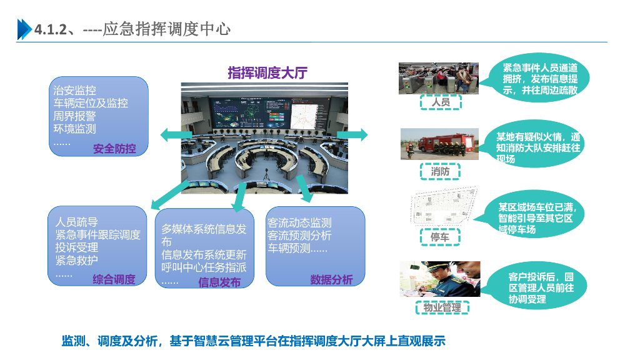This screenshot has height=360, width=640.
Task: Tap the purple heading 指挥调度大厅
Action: click(x=267, y=73)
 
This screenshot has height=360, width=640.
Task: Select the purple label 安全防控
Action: click(x=114, y=149)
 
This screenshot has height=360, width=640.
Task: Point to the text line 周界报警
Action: click(x=74, y=116)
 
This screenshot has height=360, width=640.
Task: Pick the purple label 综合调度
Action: click(x=114, y=279)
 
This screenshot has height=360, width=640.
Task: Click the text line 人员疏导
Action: click(x=76, y=222)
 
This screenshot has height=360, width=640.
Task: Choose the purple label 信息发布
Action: click(x=219, y=282)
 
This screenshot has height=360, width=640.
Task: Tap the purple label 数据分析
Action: click(x=331, y=279)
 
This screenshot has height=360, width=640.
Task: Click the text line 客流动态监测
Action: click(x=299, y=222)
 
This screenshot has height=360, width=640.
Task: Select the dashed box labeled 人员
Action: click(x=440, y=102)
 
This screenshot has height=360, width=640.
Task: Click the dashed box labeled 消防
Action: click(x=440, y=171)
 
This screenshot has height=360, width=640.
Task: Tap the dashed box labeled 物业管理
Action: click(x=442, y=307)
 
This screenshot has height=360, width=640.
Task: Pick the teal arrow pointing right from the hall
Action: click(x=355, y=134)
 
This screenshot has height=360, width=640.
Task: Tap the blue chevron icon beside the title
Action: click(x=24, y=29)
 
